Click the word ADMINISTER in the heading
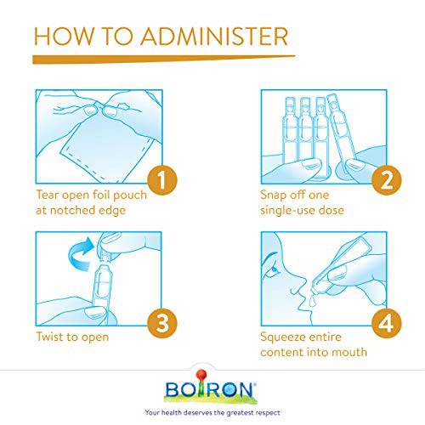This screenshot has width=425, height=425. point(214,37)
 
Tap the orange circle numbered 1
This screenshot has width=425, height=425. point(162,180)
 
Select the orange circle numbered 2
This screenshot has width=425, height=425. point(387,180)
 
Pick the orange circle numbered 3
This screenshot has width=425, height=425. point(162,323)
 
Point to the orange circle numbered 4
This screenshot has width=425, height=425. point(387,323)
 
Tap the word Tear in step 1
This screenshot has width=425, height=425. point(48,195)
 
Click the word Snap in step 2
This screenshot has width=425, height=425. point(273,195)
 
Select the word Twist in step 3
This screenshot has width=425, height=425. point(49,337)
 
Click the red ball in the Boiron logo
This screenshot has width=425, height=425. point(201,374)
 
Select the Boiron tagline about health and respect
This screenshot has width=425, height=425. point(212,413)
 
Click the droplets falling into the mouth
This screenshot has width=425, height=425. point(312,301)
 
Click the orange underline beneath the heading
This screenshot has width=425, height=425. point(164,59)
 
